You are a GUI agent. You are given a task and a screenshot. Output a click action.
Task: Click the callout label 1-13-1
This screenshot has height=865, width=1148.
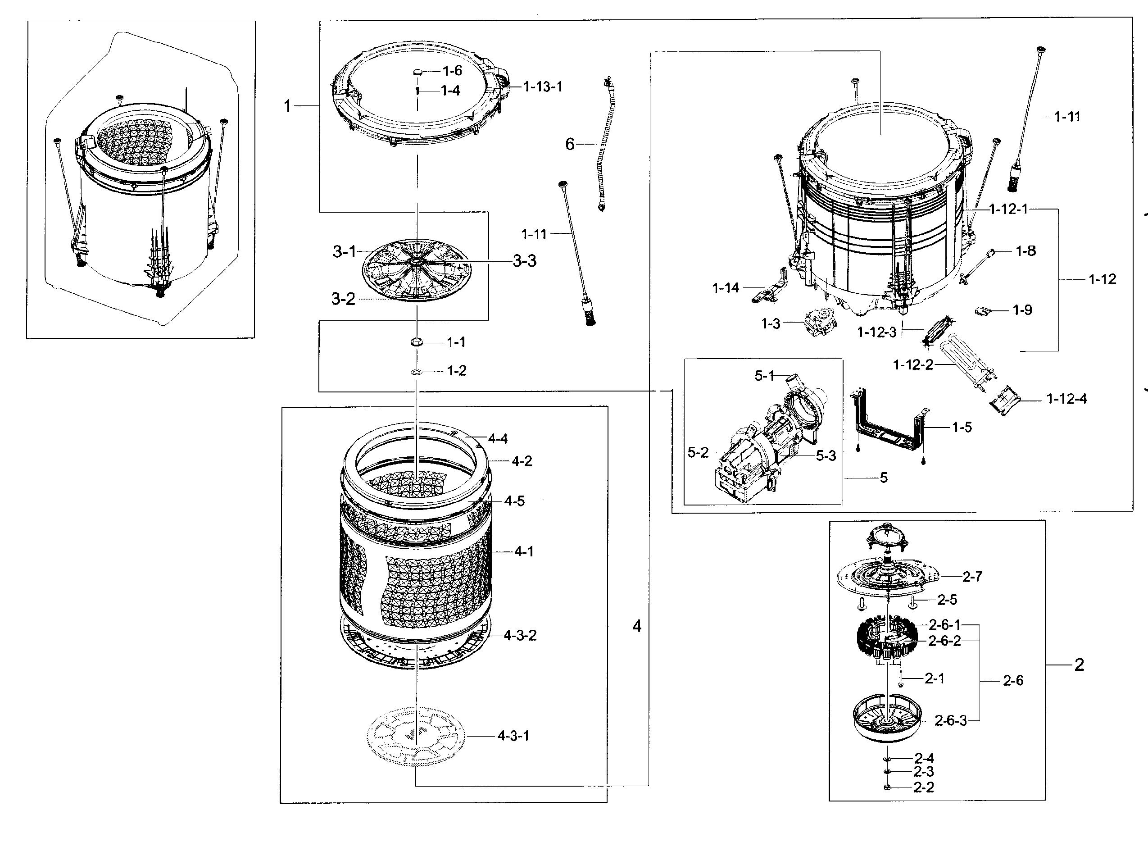tap(542, 86)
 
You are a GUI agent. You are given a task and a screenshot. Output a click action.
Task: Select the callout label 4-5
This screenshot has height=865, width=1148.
tap(514, 501)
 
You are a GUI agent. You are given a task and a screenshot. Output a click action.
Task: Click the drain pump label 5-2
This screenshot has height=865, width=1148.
tap(697, 453)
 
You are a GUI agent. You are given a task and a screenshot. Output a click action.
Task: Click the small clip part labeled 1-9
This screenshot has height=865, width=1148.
tap(981, 311)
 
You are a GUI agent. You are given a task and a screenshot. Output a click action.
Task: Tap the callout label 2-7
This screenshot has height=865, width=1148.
tap(971, 577)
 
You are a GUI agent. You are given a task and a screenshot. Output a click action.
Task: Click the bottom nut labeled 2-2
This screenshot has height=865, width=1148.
tap(887, 788)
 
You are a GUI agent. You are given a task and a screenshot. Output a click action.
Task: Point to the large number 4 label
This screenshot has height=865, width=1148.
tap(637, 626)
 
